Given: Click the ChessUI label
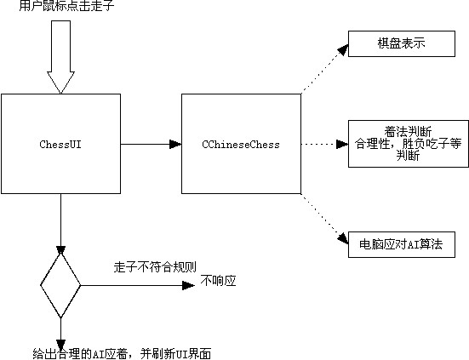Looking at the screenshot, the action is coord(60,145).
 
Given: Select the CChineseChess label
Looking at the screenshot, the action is coord(241,145).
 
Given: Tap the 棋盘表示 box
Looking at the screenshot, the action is coord(402,43).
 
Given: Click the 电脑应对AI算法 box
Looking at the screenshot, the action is coord(402,244).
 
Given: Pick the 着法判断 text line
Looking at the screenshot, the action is coord(408,132).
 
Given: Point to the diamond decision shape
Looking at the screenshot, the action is coord(60,285).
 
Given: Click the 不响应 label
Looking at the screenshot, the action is coord(219,281).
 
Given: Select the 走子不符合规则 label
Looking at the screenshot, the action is coord(155,267).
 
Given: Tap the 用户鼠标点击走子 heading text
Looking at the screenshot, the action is coord(66,6).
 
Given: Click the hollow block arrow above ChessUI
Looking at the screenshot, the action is coord(60,57).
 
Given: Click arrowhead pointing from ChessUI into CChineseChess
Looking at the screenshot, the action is coord(175,144).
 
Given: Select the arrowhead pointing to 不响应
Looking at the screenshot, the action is coord(188,285).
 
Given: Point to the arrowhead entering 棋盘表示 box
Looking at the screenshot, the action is coord(343,49).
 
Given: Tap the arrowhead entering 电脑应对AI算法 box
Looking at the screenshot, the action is coord(343,238).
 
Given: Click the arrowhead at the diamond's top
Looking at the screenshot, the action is coord(60,250).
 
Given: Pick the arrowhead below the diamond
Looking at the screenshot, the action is coord(60,345).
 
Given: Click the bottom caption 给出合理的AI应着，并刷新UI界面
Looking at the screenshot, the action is coord(122,354).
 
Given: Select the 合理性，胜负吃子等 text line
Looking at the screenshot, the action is coord(408,144).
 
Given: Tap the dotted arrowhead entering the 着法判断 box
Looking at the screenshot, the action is coord(342,144).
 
